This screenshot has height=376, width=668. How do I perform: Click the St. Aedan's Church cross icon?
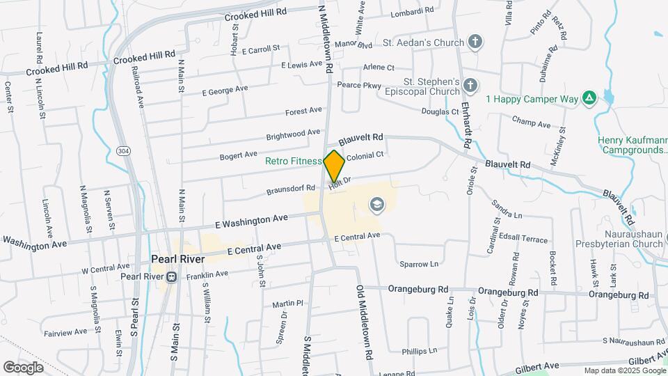point(475,42)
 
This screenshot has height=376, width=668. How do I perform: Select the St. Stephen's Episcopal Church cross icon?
point(470,86)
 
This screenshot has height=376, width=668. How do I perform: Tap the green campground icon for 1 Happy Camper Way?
point(589,99)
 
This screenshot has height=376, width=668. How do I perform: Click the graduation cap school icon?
point(376,205)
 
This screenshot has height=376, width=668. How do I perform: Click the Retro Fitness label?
point(293,161)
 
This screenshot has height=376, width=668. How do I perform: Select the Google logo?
point(23,367)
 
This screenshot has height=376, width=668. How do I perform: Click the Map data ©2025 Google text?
point(624,370)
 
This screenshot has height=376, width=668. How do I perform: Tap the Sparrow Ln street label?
point(419,264)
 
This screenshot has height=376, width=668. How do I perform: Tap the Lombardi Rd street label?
point(412,10)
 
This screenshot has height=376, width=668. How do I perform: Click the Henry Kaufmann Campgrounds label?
point(632,145)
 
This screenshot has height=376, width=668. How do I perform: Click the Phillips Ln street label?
point(422,350)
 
